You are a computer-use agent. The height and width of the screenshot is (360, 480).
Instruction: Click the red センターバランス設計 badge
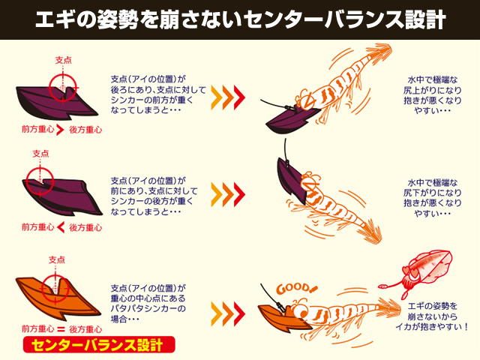[x=99, y=345]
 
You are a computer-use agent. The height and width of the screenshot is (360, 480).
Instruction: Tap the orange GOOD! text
[x=297, y=288]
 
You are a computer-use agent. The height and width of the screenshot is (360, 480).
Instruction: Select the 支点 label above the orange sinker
[x=57, y=260]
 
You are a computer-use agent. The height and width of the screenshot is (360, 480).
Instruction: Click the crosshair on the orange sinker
[x=55, y=289]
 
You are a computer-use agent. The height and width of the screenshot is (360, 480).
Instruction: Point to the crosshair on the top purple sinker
[x=63, y=88]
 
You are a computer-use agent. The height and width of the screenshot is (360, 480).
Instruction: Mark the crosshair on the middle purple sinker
[x=40, y=181]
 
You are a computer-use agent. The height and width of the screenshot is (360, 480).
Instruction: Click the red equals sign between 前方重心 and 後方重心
[x=61, y=329]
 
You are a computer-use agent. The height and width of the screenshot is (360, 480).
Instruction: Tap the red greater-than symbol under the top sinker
[x=60, y=130]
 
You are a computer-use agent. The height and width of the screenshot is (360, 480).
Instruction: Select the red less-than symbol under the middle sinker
[x=61, y=227]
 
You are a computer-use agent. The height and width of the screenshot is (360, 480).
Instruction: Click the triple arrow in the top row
[x=228, y=97]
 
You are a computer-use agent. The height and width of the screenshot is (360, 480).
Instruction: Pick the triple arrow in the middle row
[x=228, y=194]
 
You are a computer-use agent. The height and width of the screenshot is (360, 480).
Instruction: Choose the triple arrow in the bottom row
[x=228, y=313]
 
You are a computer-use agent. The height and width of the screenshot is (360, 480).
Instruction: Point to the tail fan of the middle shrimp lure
[x=371, y=231]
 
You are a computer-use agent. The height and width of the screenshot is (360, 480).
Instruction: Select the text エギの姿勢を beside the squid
[x=432, y=306]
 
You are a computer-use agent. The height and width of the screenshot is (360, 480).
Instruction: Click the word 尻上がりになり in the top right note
[x=432, y=90]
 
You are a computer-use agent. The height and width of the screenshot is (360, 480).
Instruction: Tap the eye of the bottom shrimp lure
[x=302, y=311]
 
